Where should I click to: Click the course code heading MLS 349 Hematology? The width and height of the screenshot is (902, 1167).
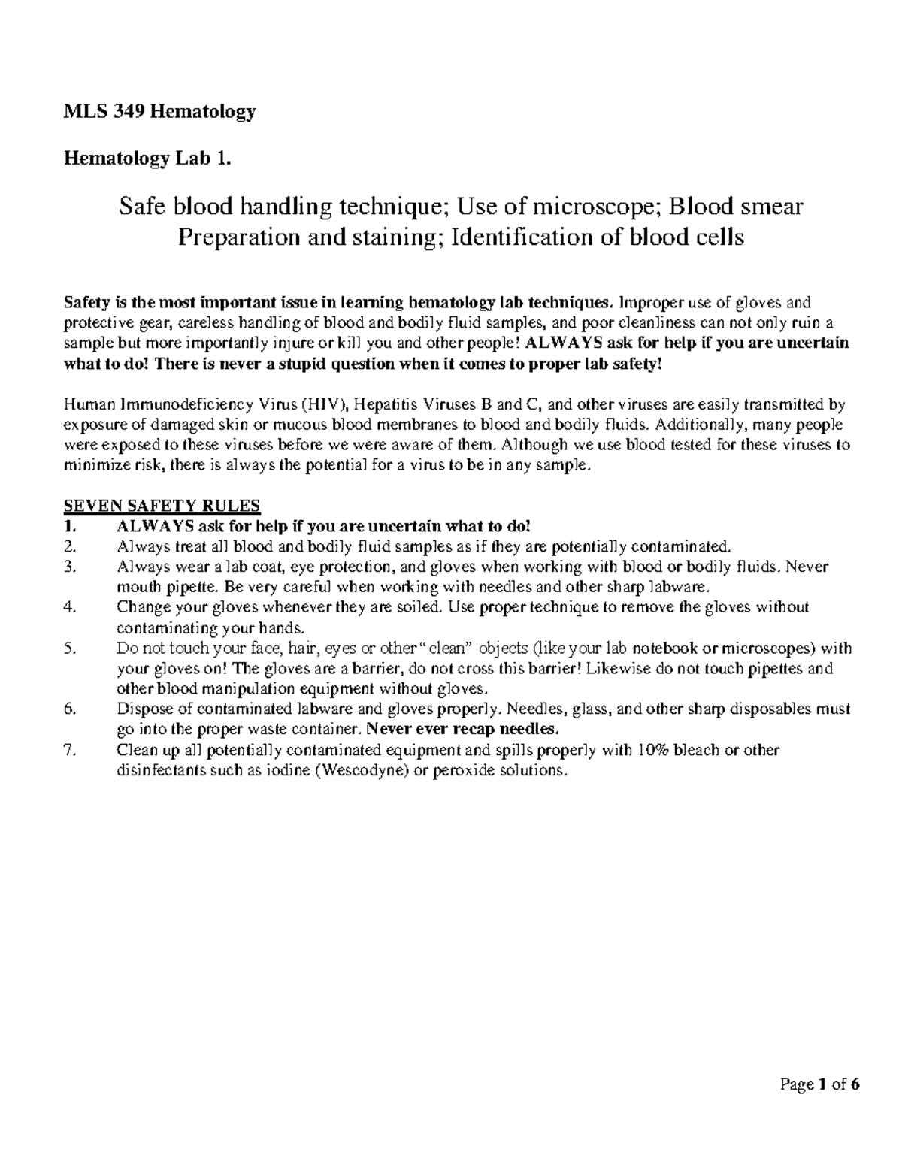[159, 112]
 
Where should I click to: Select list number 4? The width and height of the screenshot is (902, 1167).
[71, 607]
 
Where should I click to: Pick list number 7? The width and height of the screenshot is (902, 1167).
[71, 750]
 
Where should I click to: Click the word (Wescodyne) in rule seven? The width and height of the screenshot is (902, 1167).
[358, 771]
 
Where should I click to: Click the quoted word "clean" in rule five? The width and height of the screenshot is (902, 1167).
[450, 649]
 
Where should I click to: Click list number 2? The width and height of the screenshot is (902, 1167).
[71, 546]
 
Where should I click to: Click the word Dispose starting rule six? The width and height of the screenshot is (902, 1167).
[141, 709]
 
